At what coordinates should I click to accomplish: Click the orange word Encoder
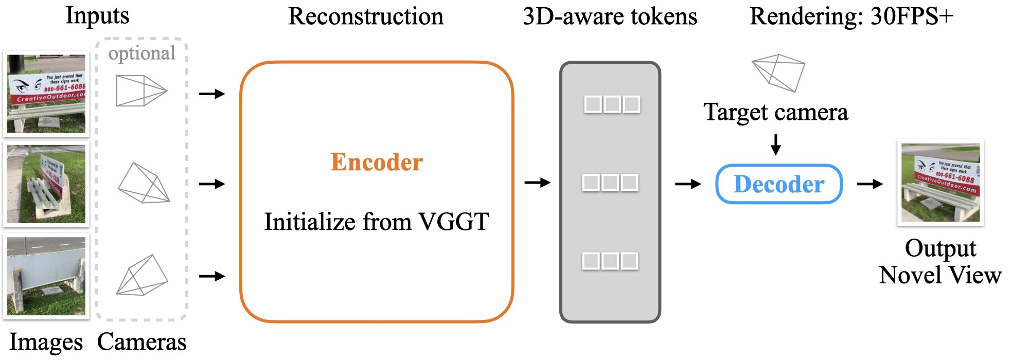(x=376, y=162)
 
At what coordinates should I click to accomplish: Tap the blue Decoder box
(x=778, y=184)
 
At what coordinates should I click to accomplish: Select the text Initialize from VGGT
(x=376, y=222)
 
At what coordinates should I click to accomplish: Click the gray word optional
(x=141, y=53)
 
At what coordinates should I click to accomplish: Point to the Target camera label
(x=775, y=112)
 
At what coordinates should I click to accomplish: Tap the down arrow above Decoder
(x=776, y=145)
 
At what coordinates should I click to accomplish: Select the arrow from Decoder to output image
(x=870, y=184)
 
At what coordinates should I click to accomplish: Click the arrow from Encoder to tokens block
(x=538, y=183)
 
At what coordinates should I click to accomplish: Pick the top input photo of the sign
(x=46, y=94)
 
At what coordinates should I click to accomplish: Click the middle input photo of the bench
(x=46, y=184)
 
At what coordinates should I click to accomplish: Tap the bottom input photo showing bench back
(x=46, y=276)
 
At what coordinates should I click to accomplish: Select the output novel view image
(x=941, y=183)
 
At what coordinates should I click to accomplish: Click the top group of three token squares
(x=612, y=104)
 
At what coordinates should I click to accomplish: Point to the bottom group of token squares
(x=610, y=261)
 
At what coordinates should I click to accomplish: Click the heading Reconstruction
(x=365, y=16)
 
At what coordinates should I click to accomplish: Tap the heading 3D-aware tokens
(x=610, y=16)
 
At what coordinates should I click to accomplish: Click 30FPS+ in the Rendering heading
(x=912, y=16)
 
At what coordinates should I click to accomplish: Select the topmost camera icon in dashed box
(x=140, y=91)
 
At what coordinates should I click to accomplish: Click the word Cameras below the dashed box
(x=141, y=342)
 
